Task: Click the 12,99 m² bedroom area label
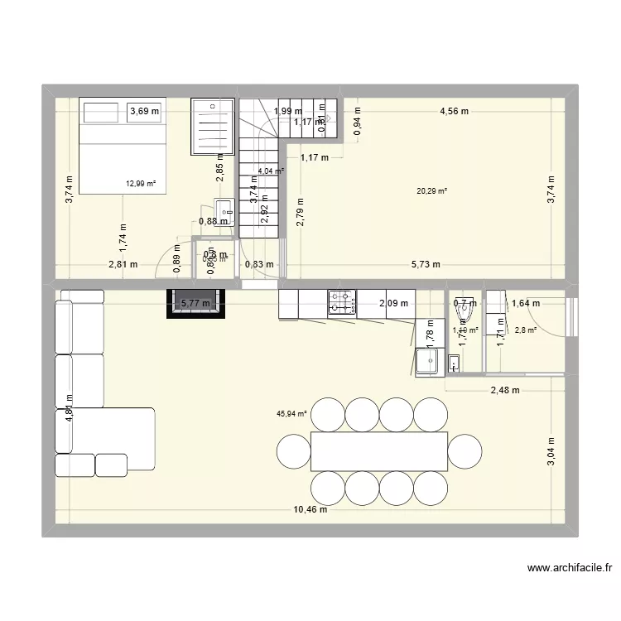click(141, 184)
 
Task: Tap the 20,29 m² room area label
click(432, 190)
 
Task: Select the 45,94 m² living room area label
click(291, 414)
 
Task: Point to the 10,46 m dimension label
click(309, 509)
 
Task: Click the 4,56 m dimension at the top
click(454, 111)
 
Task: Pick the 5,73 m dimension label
click(426, 265)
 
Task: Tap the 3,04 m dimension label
click(551, 452)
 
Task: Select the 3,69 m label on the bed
click(144, 111)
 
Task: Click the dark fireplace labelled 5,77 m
click(195, 303)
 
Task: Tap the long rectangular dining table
click(379, 451)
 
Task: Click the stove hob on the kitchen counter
click(341, 303)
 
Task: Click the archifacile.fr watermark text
click(570, 569)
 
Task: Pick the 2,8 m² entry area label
click(526, 330)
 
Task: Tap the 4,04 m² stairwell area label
click(271, 171)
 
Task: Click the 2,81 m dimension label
click(122, 265)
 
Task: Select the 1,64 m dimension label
click(526, 304)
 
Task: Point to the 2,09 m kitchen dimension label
click(393, 303)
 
